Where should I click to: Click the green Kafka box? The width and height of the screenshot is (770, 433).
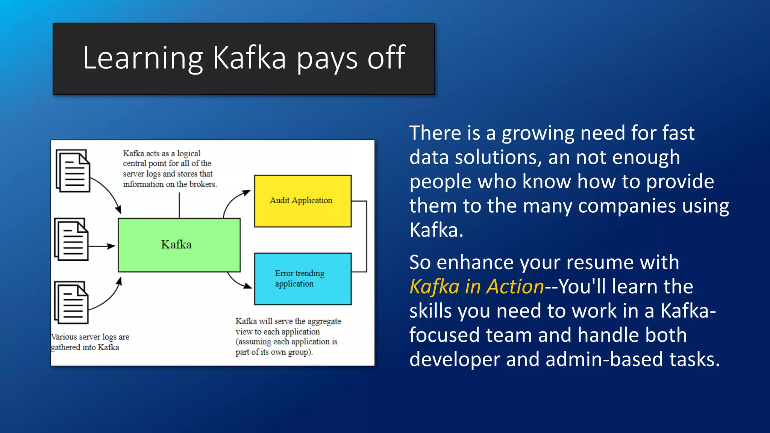click(179, 245)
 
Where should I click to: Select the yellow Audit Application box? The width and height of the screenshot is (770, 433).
click(303, 201)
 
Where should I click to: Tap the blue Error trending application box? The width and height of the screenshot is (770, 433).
click(303, 279)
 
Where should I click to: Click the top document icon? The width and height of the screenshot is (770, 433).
click(73, 171)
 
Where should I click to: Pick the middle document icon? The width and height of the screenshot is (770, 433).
click(71, 239)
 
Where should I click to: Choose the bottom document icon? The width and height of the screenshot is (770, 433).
click(71, 303)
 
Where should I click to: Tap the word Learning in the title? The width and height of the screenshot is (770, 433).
click(142, 58)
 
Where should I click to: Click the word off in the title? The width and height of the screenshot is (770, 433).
click(386, 58)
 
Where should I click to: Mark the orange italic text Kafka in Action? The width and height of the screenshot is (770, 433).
click(476, 287)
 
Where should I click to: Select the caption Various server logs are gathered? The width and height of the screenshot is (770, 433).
click(90, 342)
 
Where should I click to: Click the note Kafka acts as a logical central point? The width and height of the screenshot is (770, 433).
click(169, 169)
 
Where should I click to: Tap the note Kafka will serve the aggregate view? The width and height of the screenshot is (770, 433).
click(288, 337)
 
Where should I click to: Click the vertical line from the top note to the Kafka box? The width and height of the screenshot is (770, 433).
click(179, 205)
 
